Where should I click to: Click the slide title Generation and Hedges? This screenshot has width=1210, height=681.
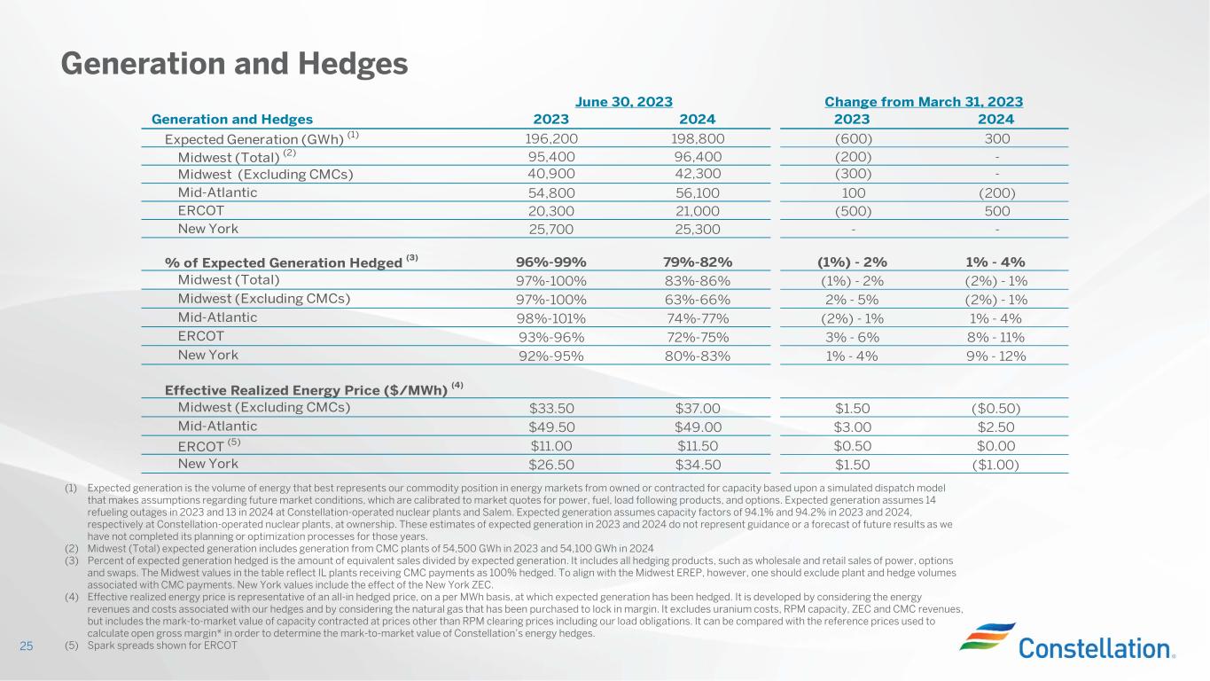click(234, 63)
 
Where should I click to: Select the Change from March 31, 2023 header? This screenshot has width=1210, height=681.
click(923, 102)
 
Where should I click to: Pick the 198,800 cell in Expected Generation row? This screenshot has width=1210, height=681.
click(697, 139)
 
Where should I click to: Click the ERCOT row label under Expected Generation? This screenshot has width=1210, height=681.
click(200, 211)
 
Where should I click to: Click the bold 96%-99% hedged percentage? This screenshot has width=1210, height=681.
click(550, 262)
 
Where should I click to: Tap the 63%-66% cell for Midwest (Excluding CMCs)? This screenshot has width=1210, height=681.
click(697, 299)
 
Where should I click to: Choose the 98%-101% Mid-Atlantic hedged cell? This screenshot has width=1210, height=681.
click(550, 317)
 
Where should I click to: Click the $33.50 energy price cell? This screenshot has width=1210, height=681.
click(550, 409)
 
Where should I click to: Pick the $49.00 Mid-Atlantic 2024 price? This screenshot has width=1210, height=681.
click(697, 427)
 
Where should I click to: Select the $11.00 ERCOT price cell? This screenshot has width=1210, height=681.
click(550, 446)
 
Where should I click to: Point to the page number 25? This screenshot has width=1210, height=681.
click(27, 646)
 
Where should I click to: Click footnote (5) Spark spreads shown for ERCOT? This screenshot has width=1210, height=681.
click(152, 646)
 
